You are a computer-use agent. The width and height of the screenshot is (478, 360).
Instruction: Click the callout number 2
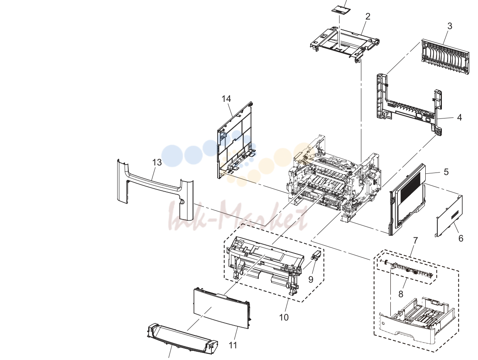[368, 17]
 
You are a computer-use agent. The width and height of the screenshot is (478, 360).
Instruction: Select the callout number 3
[450, 26]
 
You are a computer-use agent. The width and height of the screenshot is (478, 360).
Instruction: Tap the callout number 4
[459, 118]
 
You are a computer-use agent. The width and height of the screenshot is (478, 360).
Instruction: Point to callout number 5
[446, 172]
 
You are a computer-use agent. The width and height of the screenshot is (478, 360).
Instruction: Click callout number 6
[461, 238]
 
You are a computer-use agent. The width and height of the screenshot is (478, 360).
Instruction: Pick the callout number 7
[415, 241]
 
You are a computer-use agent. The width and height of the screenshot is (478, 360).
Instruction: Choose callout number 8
[401, 294]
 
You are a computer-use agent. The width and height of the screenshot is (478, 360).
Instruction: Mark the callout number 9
[311, 279]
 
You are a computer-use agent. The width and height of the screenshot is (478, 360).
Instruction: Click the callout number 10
[284, 317]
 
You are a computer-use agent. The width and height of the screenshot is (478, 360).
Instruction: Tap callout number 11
[233, 345]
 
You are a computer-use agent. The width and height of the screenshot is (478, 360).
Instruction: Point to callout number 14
[226, 99]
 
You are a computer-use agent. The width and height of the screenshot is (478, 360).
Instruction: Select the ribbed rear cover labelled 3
[445, 57]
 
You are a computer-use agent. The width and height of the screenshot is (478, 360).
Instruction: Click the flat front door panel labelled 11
[222, 308]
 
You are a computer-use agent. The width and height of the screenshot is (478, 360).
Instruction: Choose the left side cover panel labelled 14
[235, 141]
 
